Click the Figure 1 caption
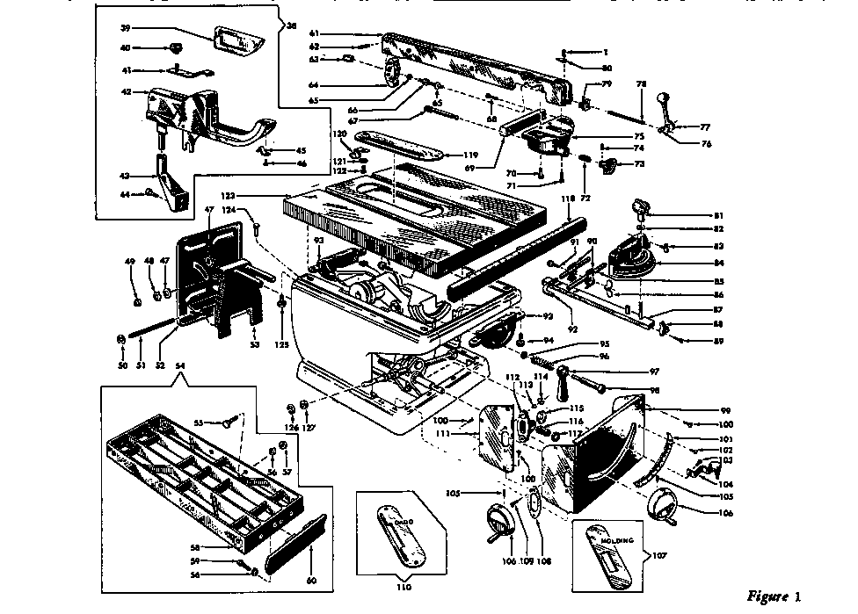pyautogui.click(x=774, y=597)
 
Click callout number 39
pyautogui.click(x=126, y=28)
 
